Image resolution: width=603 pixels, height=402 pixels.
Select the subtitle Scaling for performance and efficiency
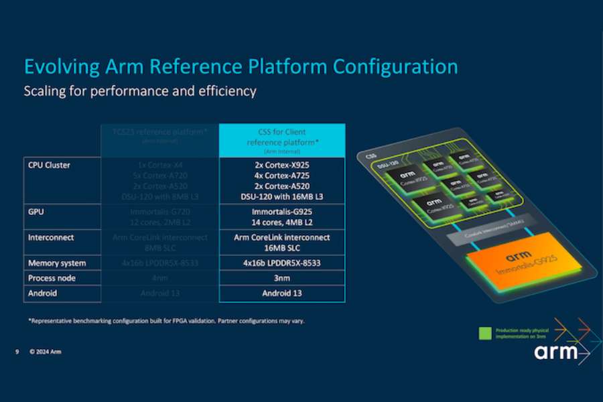point(140,90)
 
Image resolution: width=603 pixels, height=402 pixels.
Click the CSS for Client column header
point(282,137)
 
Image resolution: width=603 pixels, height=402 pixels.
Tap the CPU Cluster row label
point(49,165)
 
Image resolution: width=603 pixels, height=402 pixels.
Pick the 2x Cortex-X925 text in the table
point(282,165)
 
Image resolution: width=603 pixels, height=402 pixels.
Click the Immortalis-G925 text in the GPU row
point(282,211)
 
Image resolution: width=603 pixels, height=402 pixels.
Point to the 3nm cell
point(282,278)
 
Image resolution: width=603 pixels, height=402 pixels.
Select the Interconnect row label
point(51,237)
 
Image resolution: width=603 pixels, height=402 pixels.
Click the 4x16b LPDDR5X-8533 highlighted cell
point(282,263)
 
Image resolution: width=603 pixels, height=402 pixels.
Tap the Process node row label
point(52,278)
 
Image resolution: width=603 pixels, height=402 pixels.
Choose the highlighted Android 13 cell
point(282,293)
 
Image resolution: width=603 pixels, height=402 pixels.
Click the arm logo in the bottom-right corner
point(555,351)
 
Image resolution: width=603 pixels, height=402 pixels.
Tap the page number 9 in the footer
point(17,351)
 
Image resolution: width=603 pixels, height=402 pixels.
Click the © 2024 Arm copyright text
point(46,351)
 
